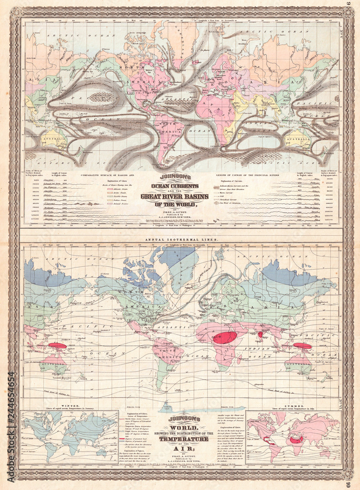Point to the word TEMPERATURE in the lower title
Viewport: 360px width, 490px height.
[180, 440]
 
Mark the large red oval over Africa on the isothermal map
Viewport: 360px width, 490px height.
[226, 338]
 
